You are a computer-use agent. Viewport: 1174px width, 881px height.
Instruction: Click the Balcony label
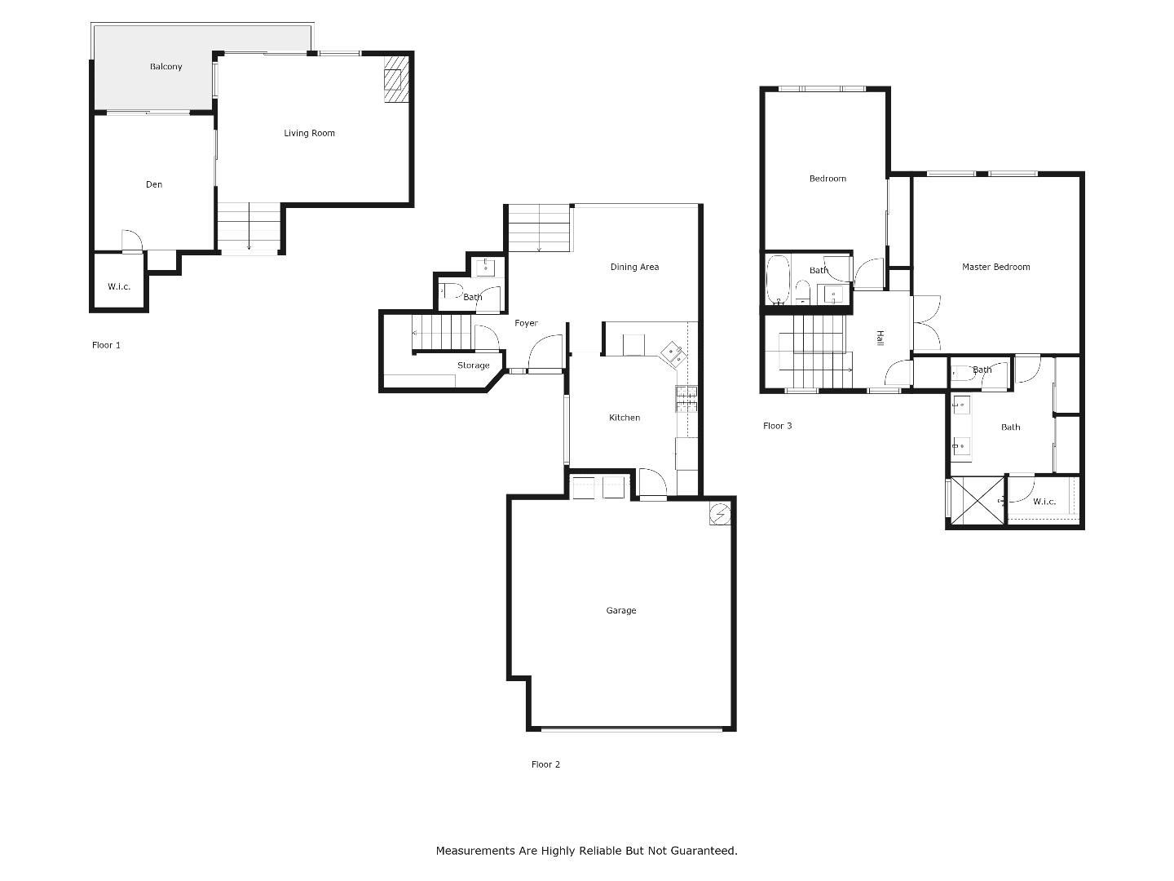coord(166,67)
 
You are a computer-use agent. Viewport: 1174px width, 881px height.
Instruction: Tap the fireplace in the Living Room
coord(395,80)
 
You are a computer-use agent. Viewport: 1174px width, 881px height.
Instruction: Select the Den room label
coord(154,184)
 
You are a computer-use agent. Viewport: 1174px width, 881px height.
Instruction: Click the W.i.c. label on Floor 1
coord(119,286)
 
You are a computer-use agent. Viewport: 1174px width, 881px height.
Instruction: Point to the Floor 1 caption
coord(106,345)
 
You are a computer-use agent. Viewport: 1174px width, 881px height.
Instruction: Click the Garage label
coord(620,610)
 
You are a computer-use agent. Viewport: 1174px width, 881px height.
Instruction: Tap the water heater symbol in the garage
coord(720,514)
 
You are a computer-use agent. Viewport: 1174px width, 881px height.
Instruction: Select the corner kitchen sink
coord(673,353)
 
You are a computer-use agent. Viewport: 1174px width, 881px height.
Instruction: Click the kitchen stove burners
coord(686,398)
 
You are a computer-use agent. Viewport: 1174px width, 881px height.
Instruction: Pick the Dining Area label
coord(634,267)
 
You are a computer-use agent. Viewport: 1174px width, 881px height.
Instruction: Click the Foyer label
coord(526,323)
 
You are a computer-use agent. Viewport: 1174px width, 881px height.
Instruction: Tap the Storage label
coord(473,365)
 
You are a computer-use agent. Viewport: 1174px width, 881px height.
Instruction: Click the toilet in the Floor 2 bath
coord(451,290)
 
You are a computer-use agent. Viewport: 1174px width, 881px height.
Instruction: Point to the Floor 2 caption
coord(545,764)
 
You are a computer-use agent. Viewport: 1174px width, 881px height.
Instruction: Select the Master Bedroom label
coord(995,267)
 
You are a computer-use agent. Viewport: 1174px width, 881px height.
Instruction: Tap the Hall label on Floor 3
coord(880,338)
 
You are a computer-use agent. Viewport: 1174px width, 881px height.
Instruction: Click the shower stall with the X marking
coord(978,499)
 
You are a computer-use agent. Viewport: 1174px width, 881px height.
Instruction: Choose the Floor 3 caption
coord(777,426)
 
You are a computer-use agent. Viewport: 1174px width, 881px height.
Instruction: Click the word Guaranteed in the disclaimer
coord(704,851)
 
